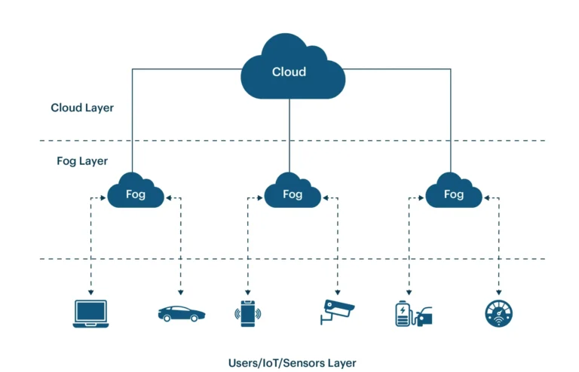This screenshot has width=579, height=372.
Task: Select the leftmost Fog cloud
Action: click(x=135, y=193)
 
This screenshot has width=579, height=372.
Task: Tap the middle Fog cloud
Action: click(x=292, y=193)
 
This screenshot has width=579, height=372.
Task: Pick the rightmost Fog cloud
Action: click(x=453, y=193)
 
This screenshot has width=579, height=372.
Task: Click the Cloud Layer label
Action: click(x=82, y=108)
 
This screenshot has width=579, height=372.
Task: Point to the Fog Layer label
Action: click(x=82, y=160)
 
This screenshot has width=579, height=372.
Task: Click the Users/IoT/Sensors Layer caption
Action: click(x=292, y=362)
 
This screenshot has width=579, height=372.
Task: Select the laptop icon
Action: click(x=90, y=314)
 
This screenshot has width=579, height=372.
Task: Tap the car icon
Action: click(x=179, y=313)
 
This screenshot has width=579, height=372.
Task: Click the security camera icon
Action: click(x=337, y=312)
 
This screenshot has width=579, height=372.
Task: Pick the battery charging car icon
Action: click(x=414, y=313)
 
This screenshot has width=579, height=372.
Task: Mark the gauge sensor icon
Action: click(x=498, y=313)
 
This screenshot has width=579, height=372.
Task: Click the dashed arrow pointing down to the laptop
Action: click(x=90, y=249)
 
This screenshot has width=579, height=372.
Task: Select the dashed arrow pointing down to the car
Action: click(x=181, y=249)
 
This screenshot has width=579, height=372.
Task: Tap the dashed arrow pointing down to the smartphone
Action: click(x=248, y=249)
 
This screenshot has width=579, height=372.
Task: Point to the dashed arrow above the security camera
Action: click(x=338, y=249)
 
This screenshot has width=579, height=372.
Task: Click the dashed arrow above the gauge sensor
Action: click(x=498, y=249)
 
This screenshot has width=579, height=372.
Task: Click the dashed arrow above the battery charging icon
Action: click(x=409, y=249)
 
